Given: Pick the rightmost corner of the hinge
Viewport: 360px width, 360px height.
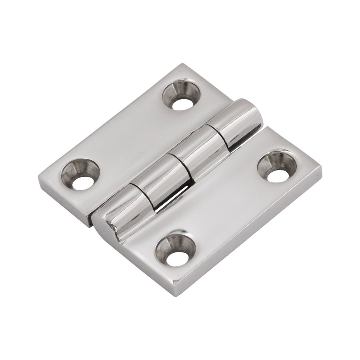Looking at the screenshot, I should pos(322,167).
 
